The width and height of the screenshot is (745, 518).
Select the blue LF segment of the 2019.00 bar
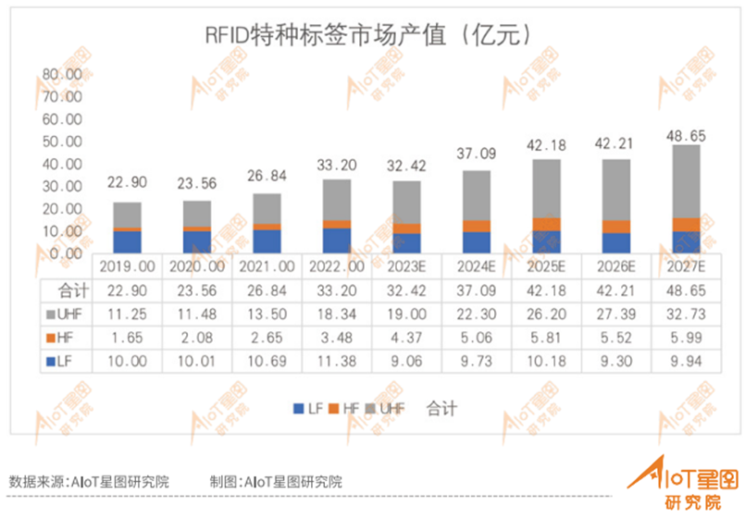(x=129, y=241)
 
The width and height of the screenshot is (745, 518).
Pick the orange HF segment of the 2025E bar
(x=546, y=224)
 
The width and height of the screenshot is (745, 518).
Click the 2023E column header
(x=406, y=265)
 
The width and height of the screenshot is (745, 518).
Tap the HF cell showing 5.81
(x=546, y=338)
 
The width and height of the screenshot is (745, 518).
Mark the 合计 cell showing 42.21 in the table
(x=616, y=290)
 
